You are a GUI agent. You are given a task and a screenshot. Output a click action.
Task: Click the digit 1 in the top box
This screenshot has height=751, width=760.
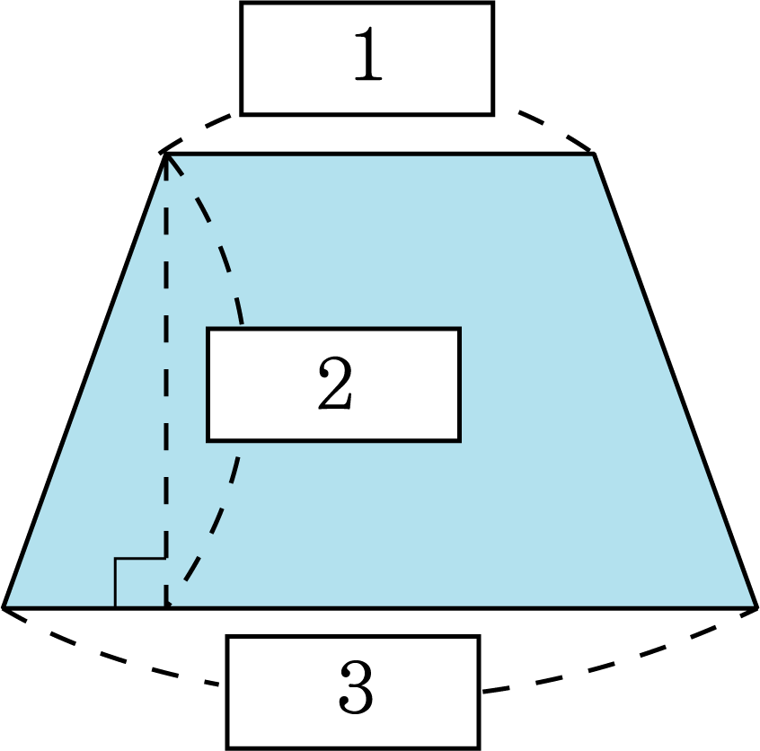[x=367, y=57]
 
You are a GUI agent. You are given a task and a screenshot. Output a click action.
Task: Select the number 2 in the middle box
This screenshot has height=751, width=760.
[x=334, y=385]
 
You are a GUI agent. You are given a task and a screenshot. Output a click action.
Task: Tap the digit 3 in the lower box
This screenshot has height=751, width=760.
[x=355, y=691]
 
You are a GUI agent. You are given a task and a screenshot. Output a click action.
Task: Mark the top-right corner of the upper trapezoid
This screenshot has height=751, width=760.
[x=592, y=156]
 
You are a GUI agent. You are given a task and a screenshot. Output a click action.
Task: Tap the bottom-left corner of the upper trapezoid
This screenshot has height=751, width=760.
[x=7, y=605]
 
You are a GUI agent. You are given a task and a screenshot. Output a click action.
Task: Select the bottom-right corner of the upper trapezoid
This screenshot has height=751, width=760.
[x=753, y=605]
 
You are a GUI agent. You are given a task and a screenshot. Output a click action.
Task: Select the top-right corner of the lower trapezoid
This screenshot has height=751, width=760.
[x=631, y=611]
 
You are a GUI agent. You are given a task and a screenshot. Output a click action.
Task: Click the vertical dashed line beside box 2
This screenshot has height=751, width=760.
[x=167, y=386]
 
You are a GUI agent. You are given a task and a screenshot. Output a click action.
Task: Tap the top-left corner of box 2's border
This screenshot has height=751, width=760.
[x=208, y=330]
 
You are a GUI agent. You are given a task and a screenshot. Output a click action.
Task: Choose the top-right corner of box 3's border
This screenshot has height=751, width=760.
[x=478, y=638]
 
